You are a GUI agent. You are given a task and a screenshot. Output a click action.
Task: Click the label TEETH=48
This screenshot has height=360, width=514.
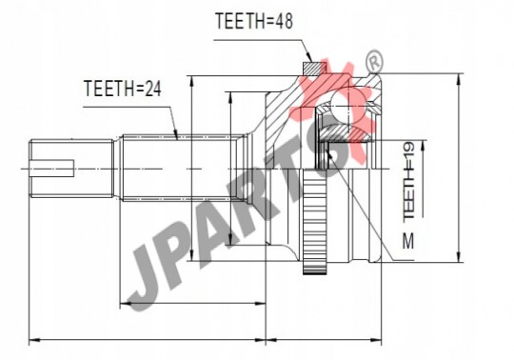pos(254,21)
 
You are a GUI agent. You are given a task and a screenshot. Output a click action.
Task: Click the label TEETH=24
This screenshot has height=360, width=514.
pos(123,89)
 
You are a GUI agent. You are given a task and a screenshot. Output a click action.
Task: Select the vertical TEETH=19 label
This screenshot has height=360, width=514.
pos(408,181)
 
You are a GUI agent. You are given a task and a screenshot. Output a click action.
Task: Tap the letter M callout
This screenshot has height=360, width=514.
pos(408,241)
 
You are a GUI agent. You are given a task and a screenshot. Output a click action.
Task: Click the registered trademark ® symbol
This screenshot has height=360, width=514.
pos(375,61)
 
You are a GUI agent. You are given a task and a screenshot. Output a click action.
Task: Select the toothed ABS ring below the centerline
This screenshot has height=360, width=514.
pos(315,223)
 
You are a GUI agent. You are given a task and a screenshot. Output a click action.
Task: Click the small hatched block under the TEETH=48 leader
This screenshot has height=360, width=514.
pos(313,69)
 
